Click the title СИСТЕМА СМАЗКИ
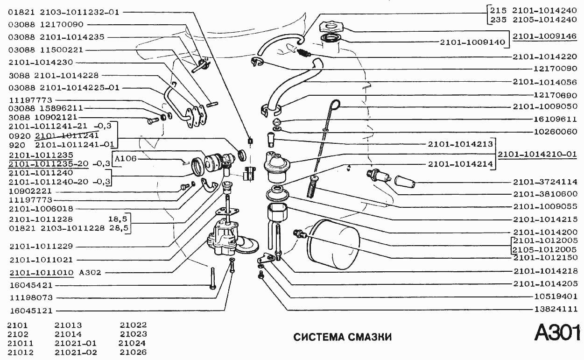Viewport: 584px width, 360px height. click(x=342, y=337)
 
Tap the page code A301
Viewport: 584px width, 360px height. click(x=557, y=333)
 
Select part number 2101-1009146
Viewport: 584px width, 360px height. click(x=545, y=35)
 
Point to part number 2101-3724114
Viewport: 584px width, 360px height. click(x=545, y=182)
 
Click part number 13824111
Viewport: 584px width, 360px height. click(x=556, y=309)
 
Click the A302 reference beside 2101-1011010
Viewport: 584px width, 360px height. click(x=91, y=272)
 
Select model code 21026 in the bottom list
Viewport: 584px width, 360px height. click(x=133, y=352)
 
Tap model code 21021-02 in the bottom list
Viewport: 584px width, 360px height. click(x=76, y=352)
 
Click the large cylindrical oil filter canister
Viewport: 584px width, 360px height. click(x=334, y=245)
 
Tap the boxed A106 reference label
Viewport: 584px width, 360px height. click(x=125, y=158)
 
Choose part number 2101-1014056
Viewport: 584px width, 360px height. click(x=545, y=81)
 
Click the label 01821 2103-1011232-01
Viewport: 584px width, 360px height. click(x=63, y=12)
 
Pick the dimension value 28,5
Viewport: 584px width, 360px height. click(x=119, y=228)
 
